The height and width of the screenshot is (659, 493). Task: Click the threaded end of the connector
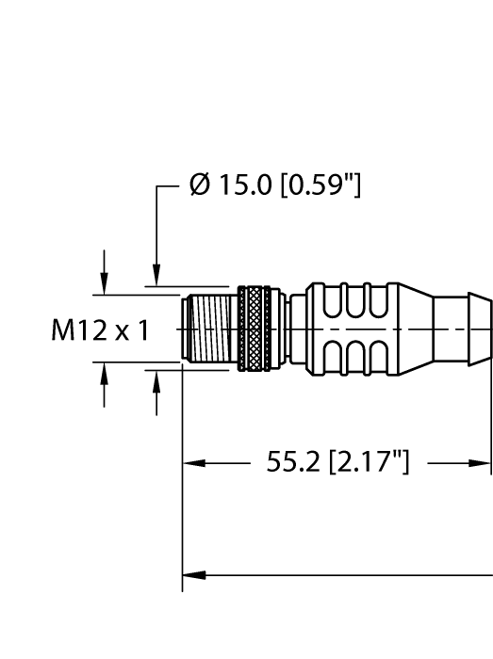(x=208, y=330)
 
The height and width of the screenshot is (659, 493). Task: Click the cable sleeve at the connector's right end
(x=468, y=330)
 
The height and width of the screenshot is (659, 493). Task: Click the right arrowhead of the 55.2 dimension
(x=483, y=463)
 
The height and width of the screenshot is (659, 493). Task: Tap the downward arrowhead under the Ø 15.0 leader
(x=156, y=277)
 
